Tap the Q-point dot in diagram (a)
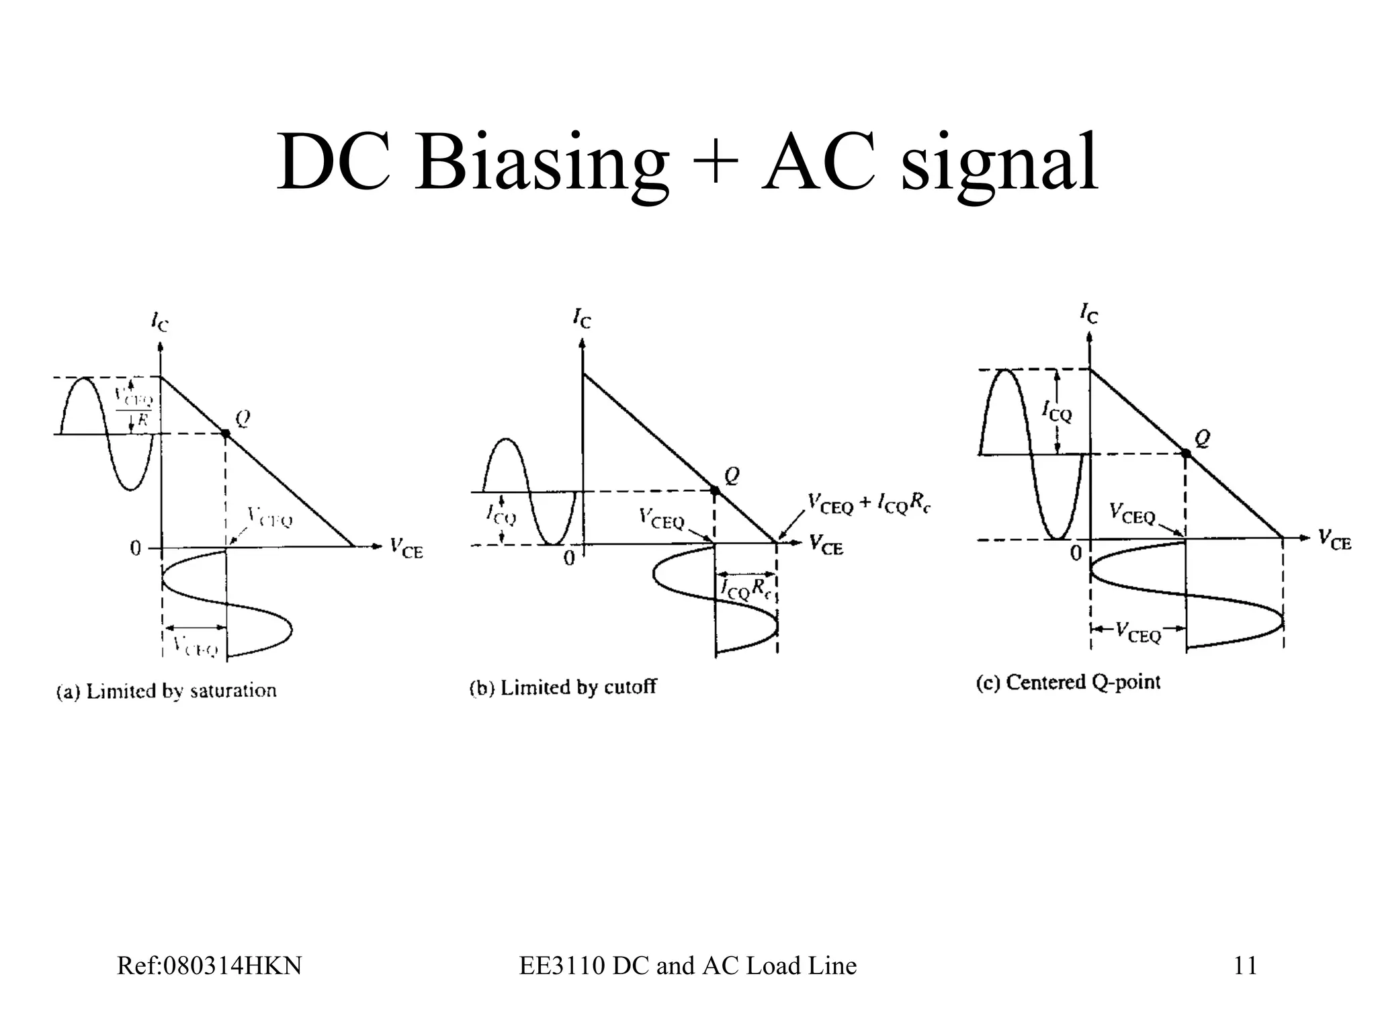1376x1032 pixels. click(x=226, y=434)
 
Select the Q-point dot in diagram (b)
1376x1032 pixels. click(x=715, y=490)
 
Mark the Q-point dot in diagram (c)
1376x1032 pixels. click(x=1187, y=454)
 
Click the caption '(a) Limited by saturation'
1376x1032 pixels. click(x=166, y=691)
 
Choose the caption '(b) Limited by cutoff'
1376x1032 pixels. click(x=562, y=687)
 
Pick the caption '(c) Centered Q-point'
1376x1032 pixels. click(x=1068, y=682)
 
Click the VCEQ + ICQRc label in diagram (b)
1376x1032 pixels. click(x=869, y=503)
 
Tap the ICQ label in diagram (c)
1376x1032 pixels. click(x=1057, y=411)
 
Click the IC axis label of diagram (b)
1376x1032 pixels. click(x=582, y=318)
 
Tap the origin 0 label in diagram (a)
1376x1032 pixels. click(x=136, y=549)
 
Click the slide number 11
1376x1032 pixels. click(x=1245, y=965)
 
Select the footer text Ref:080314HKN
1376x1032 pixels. click(x=209, y=965)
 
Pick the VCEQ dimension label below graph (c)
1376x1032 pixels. click(x=1138, y=632)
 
